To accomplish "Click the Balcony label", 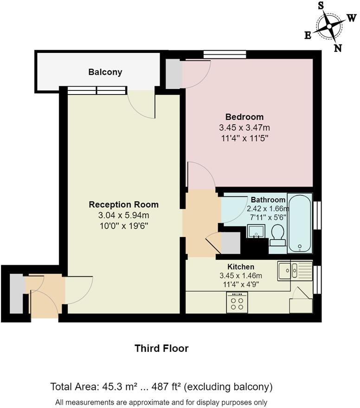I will click(x=105, y=72).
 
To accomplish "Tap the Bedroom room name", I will click(x=244, y=117).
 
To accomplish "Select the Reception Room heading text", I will click(x=123, y=204).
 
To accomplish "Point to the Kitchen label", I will click(x=241, y=267).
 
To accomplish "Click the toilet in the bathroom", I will click(x=277, y=235).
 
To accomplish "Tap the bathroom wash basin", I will click(x=256, y=230).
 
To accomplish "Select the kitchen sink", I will click(x=289, y=270).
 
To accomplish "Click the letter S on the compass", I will click(x=321, y=6).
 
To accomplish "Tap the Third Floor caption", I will click(x=161, y=348).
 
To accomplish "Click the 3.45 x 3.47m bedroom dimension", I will click(x=244, y=127).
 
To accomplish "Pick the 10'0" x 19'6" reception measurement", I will click(x=123, y=226).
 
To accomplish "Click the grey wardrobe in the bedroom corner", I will click(x=174, y=74).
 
